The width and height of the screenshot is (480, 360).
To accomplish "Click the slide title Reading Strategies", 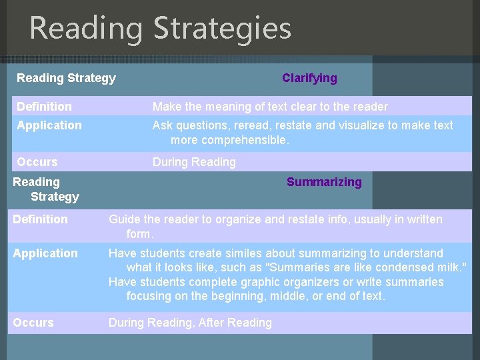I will click(x=160, y=28).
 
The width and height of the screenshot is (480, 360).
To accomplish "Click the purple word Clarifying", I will click(x=309, y=78).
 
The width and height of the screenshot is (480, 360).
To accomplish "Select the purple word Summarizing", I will click(x=324, y=182).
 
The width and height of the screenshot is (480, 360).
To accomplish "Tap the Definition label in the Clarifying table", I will click(x=44, y=107).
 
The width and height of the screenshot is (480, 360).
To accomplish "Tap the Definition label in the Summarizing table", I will click(x=40, y=219).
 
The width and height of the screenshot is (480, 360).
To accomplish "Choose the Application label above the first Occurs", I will click(x=49, y=125).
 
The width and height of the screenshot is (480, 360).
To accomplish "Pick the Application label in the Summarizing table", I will click(x=45, y=253).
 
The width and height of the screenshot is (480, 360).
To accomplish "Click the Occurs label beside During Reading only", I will click(x=37, y=162).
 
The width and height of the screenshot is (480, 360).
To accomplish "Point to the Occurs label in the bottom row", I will click(x=33, y=323).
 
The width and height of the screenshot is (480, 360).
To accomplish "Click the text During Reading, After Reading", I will click(x=190, y=323).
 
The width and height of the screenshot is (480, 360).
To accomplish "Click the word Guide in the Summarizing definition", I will click(x=124, y=219).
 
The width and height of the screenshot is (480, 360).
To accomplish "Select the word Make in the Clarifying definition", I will click(x=167, y=107).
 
